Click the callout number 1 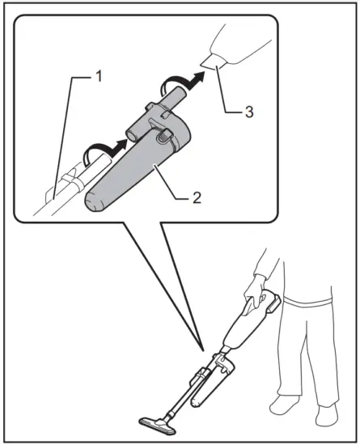point(100,77)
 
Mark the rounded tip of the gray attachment point(95,202)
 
